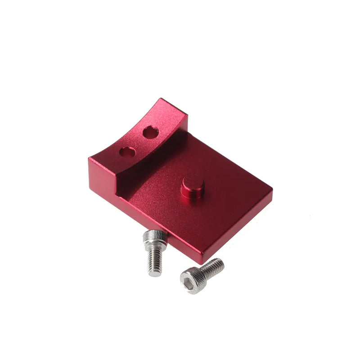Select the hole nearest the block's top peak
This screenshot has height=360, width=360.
pos(150,132)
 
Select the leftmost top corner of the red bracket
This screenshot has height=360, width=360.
pos(90,158)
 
